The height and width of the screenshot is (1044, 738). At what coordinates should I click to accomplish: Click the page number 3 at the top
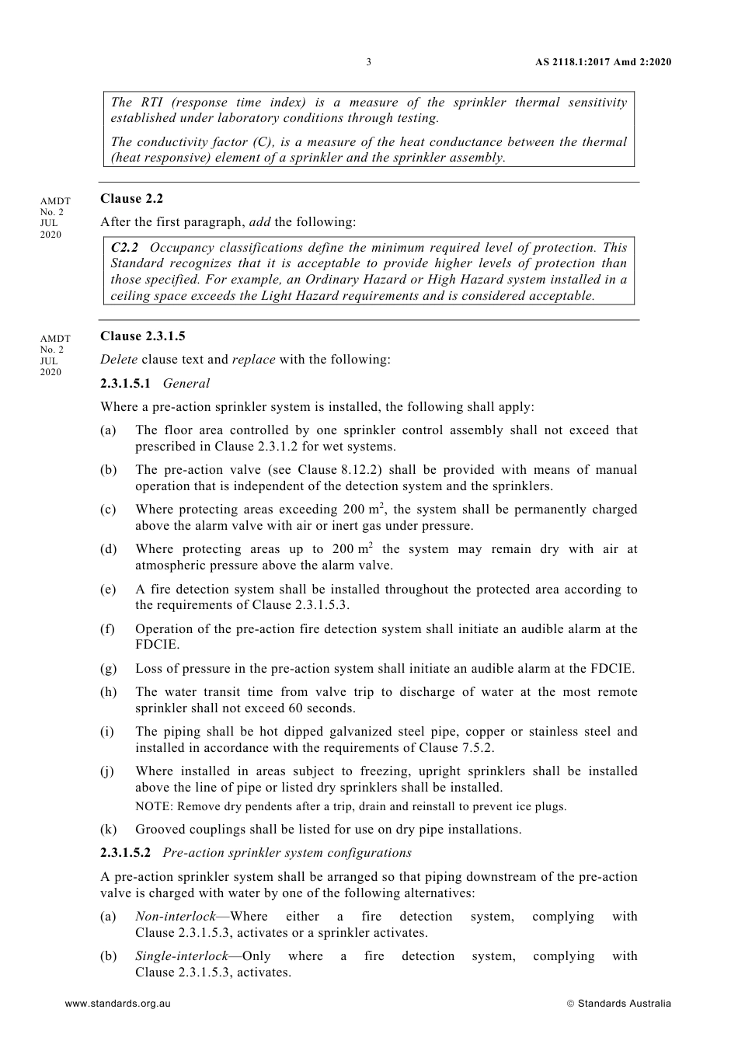(368, 62)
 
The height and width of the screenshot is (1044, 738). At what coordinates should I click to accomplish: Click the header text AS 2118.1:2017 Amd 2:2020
(604, 62)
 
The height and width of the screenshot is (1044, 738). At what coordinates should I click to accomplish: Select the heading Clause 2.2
(131, 199)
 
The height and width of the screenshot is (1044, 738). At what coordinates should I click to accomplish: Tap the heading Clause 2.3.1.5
(142, 336)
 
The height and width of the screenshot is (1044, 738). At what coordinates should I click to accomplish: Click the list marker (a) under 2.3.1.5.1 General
(108, 430)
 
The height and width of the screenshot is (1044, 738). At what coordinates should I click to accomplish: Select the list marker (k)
(108, 830)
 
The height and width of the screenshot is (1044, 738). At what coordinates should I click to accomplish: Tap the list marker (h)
(108, 692)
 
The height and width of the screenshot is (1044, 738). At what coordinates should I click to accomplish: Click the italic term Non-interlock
(175, 917)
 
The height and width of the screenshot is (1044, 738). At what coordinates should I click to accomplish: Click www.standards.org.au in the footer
(117, 1004)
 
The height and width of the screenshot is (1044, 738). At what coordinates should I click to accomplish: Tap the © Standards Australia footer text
(618, 1004)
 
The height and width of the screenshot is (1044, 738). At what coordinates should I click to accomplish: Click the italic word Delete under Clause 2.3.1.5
(119, 360)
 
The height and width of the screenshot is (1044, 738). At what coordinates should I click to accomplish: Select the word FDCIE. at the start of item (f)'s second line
(157, 645)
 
